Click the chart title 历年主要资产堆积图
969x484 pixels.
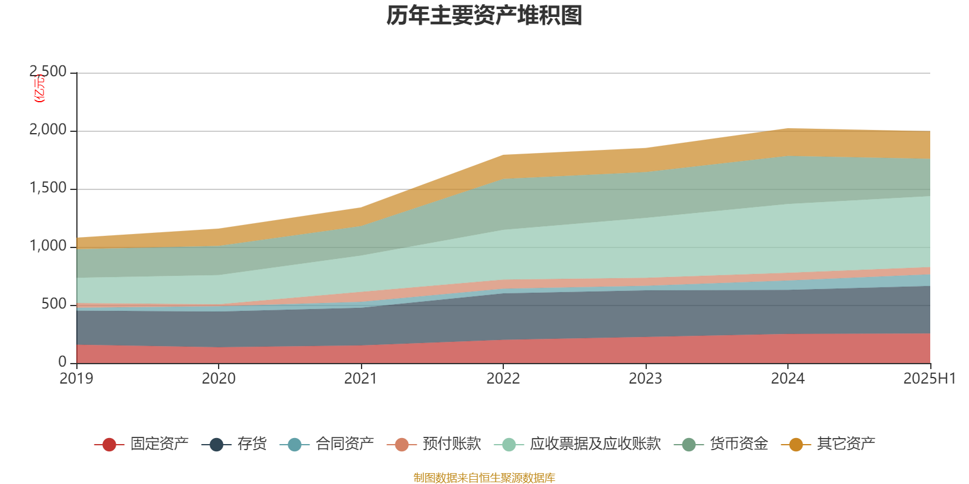(484, 16)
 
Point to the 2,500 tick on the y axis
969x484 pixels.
(48, 72)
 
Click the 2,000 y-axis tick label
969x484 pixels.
(48, 130)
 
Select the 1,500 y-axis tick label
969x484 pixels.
(48, 188)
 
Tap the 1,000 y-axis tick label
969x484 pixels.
(48, 246)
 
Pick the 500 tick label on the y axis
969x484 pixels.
(54, 304)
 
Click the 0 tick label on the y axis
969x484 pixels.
(62, 362)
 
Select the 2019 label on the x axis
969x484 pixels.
(76, 379)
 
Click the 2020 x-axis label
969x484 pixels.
(219, 379)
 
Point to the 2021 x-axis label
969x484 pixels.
(361, 379)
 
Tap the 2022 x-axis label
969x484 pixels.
(503, 379)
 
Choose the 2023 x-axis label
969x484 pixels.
(646, 379)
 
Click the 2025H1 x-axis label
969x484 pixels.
(929, 379)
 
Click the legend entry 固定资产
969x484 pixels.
(159, 444)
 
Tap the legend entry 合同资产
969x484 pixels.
(345, 444)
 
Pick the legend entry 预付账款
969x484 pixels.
(452, 444)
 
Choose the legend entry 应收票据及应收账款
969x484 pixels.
(595, 444)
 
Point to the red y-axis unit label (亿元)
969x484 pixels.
(40, 88)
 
